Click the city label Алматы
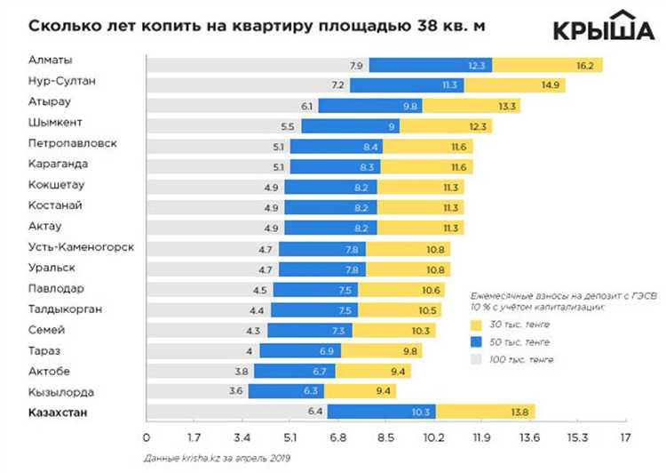51,61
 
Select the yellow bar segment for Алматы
547,65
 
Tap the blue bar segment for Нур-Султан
406,85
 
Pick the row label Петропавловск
73,143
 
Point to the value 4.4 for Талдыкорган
256,309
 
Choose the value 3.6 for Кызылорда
236,391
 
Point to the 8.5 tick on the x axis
385,437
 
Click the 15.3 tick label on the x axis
577,437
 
